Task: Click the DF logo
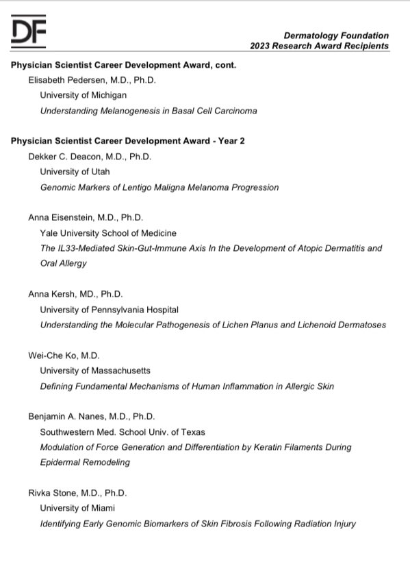click(29, 31)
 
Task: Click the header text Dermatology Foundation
click(336, 36)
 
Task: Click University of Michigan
click(84, 95)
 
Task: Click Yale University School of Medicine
click(108, 232)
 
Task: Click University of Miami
click(77, 508)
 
